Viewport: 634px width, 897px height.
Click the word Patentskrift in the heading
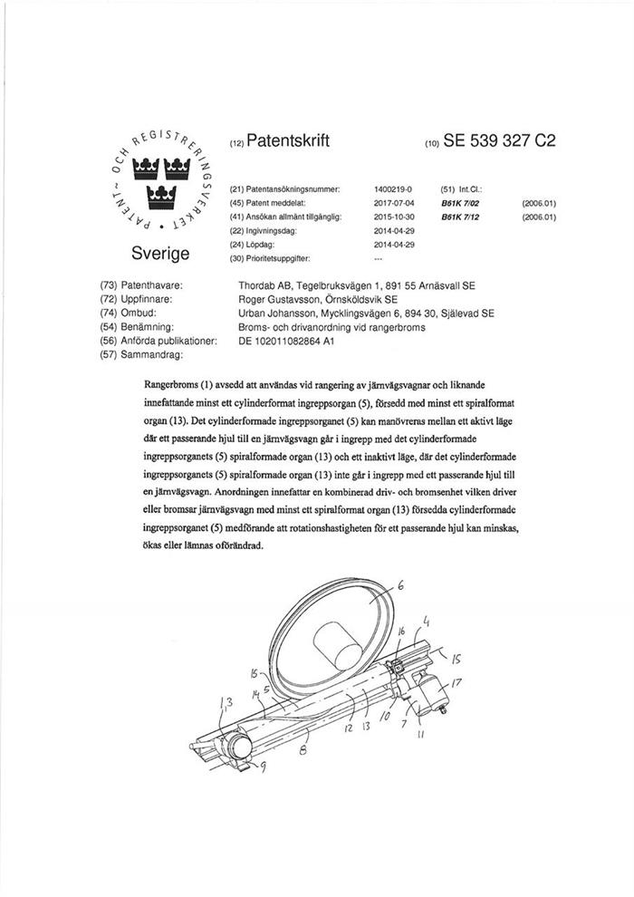tap(288, 141)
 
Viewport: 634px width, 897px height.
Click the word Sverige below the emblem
tap(162, 250)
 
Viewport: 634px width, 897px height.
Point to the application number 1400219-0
tap(393, 189)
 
